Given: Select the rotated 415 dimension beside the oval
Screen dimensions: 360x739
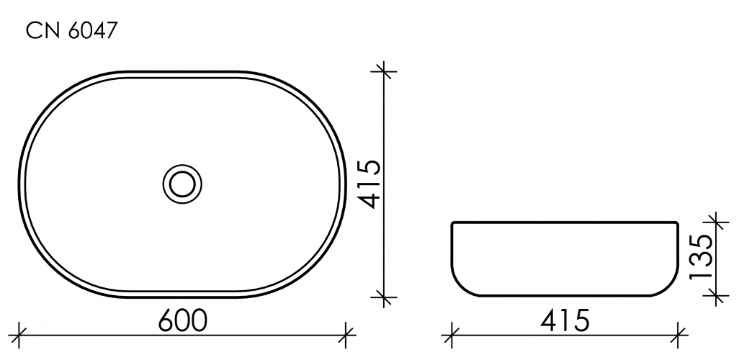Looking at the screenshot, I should click(x=368, y=184).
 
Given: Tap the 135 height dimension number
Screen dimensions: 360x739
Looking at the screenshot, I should click(x=702, y=256).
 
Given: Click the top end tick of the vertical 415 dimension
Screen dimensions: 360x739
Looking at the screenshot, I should click(x=384, y=71).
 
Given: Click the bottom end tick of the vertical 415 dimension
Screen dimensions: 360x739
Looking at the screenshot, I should click(x=384, y=296).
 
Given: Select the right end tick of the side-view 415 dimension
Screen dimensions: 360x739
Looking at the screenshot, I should click(x=678, y=333).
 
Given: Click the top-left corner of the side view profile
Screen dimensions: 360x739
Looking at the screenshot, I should click(x=452, y=222).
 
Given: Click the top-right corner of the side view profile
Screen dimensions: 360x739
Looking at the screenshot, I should click(x=677, y=222).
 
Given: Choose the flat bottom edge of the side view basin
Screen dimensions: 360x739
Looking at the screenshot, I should click(x=565, y=296).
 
